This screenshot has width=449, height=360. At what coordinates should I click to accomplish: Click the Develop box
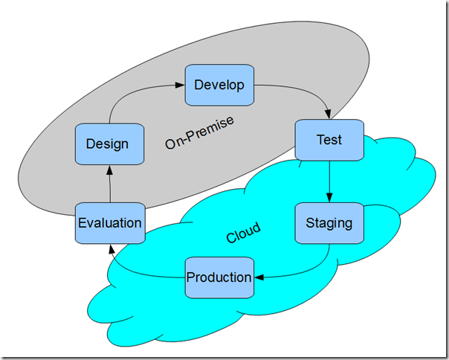pyautogui.click(x=219, y=85)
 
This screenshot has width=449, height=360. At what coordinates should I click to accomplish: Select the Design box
pyautogui.click(x=108, y=144)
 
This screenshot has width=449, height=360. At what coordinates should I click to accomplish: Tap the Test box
pyautogui.click(x=329, y=139)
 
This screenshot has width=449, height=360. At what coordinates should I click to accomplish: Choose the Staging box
pyautogui.click(x=329, y=222)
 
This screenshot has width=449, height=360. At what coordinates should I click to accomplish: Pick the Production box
pyautogui.click(x=219, y=277)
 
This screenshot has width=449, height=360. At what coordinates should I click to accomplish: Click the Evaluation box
pyautogui.click(x=109, y=222)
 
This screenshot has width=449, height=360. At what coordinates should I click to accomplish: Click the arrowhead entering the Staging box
pyautogui.click(x=329, y=198)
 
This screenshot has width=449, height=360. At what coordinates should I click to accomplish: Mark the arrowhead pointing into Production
pyautogui.click(x=259, y=277)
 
